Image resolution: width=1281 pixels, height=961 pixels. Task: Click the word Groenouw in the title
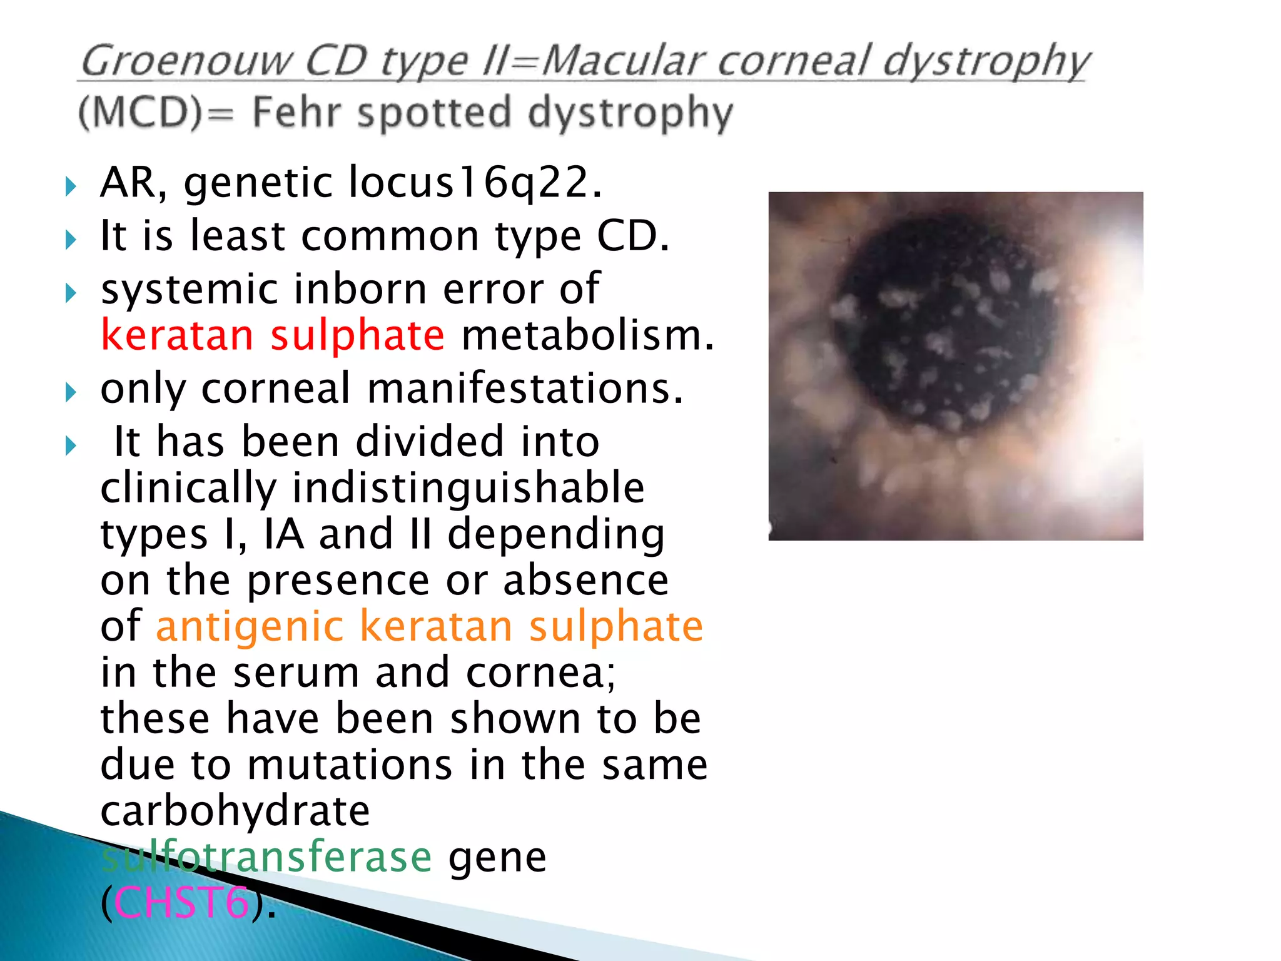coord(186,61)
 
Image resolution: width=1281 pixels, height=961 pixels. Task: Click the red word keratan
coord(177,335)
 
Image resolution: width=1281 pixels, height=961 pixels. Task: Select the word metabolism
coord(587,335)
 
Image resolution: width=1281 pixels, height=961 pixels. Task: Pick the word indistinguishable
coord(468,488)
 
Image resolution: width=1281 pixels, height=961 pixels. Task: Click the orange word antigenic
coord(250,626)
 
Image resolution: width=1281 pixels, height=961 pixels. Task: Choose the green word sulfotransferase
coord(266,857)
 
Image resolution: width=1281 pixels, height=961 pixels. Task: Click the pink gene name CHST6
coord(181,903)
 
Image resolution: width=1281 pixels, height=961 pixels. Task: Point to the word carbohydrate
coord(235,811)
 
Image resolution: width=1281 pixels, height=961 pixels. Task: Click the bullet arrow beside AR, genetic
coord(71,186)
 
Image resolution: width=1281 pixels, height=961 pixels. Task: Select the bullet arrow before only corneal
coord(71,392)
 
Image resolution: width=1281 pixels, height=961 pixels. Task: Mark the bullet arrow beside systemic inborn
coord(71,292)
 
